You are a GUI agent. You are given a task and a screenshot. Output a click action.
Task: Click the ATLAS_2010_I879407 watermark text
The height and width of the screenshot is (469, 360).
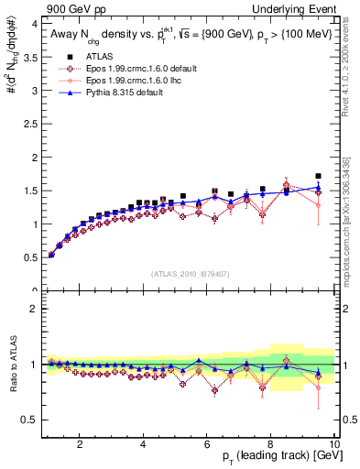[x=189, y=273]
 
